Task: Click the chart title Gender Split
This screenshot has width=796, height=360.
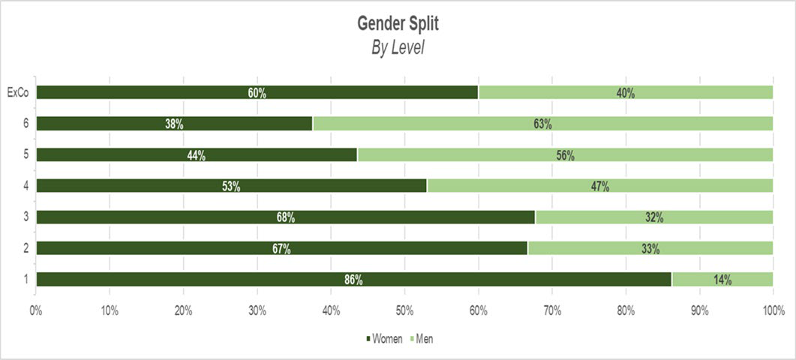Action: click(x=398, y=24)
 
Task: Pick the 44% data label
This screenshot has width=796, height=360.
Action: click(x=197, y=155)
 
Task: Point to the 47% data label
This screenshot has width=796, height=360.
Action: click(x=600, y=187)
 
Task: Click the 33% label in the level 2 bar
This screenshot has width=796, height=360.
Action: click(x=650, y=249)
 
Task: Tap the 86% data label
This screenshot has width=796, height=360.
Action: click(x=353, y=280)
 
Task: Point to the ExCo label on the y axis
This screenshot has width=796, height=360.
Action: click(x=17, y=93)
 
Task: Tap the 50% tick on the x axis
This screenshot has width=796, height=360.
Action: click(x=404, y=310)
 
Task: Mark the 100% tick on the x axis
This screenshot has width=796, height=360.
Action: click(x=773, y=310)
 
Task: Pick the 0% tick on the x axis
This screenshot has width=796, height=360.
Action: click(x=35, y=310)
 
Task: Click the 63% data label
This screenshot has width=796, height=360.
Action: click(x=542, y=124)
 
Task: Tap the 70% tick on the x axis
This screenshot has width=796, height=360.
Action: click(x=552, y=310)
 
